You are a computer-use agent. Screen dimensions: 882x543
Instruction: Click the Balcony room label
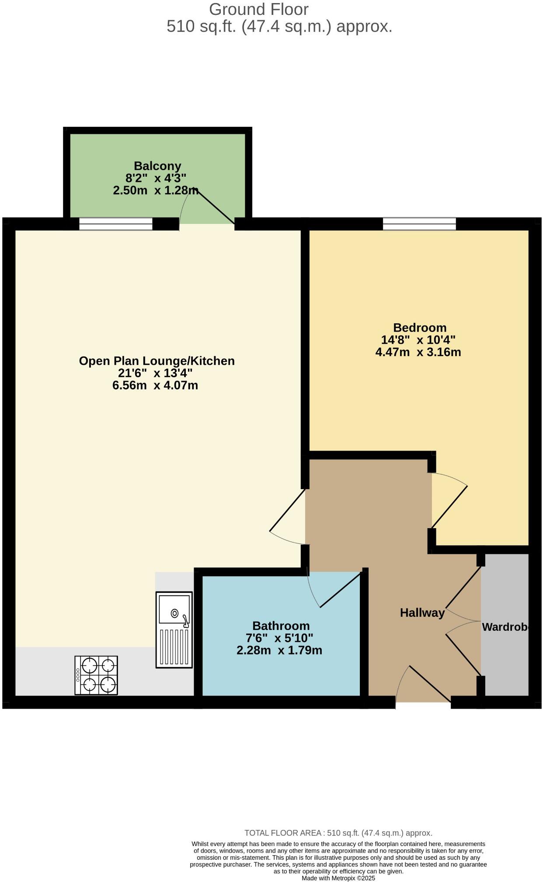point(157,166)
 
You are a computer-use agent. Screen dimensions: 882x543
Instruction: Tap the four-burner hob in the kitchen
point(96,675)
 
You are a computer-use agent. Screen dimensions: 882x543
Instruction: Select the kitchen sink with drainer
point(174,630)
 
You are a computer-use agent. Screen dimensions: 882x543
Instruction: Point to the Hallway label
point(422,613)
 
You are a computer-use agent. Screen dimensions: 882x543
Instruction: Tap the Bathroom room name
point(281,626)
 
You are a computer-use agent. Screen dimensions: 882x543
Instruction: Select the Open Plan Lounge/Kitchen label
point(157,361)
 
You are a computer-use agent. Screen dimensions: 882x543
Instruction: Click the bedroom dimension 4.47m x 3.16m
point(418,352)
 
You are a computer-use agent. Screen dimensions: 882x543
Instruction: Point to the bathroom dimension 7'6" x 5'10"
point(280,638)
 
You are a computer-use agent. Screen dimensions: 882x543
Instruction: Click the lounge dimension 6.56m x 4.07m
point(155,385)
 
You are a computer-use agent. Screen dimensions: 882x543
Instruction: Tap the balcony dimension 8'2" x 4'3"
point(156,178)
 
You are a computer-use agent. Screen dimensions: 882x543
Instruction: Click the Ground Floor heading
point(258,9)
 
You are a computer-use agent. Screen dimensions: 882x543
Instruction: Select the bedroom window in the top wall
point(419,224)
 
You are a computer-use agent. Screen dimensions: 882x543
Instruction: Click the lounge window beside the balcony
point(116,224)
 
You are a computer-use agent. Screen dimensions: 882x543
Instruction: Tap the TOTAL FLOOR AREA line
point(338,833)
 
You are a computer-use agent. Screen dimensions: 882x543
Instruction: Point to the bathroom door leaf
point(341,589)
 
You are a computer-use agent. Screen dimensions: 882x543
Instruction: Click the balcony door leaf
point(216,207)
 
